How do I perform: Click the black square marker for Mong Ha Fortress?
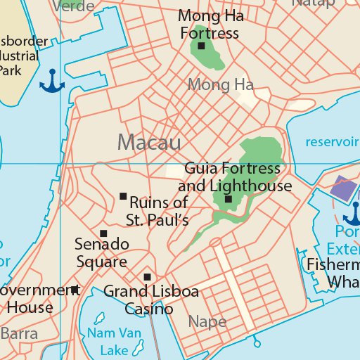[x=201, y=46]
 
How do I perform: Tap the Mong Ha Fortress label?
[x=209, y=25]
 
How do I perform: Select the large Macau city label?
[x=149, y=142]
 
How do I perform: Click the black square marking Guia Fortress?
[x=229, y=200]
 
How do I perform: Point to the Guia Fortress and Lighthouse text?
[x=234, y=178]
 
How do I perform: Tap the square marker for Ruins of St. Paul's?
[x=123, y=196]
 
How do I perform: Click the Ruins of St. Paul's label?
[x=158, y=212]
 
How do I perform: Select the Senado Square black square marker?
[x=103, y=233]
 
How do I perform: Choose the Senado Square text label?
[x=102, y=253]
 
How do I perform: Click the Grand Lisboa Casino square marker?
[x=147, y=277]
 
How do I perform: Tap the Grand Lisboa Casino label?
[x=150, y=300]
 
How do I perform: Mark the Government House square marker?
[x=75, y=289]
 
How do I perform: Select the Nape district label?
[x=207, y=322]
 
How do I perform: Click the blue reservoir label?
[x=332, y=141]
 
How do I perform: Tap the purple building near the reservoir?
[x=344, y=187]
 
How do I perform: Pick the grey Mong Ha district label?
[x=220, y=85]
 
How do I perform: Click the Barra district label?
[x=19, y=333]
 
